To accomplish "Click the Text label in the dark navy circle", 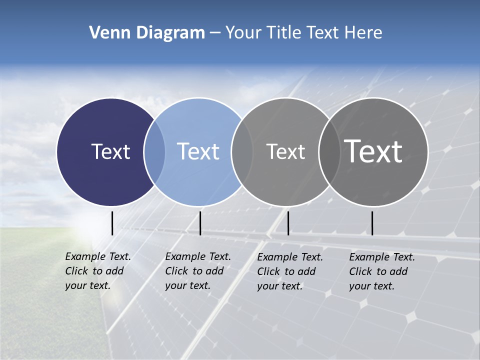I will tap(110, 151).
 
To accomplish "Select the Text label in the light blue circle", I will tap(198, 151).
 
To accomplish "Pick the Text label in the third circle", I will tap(285, 151).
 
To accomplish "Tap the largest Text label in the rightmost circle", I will tap(373, 151).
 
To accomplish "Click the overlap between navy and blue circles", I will tap(154, 151).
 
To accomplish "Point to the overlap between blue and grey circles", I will tap(242, 151).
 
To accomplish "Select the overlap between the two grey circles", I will tap(328, 151).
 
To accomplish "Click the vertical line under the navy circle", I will tap(112, 223).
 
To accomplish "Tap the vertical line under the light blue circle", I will tap(200, 223).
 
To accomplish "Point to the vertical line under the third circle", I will tap(288, 223).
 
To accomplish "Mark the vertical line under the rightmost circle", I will tap(372, 223).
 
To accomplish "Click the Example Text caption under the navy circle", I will tap(97, 271).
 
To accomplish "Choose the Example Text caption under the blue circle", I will tap(197, 271).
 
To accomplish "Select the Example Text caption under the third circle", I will tap(289, 271).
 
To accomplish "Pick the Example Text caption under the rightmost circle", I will tap(381, 271).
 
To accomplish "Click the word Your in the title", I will tap(243, 33).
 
